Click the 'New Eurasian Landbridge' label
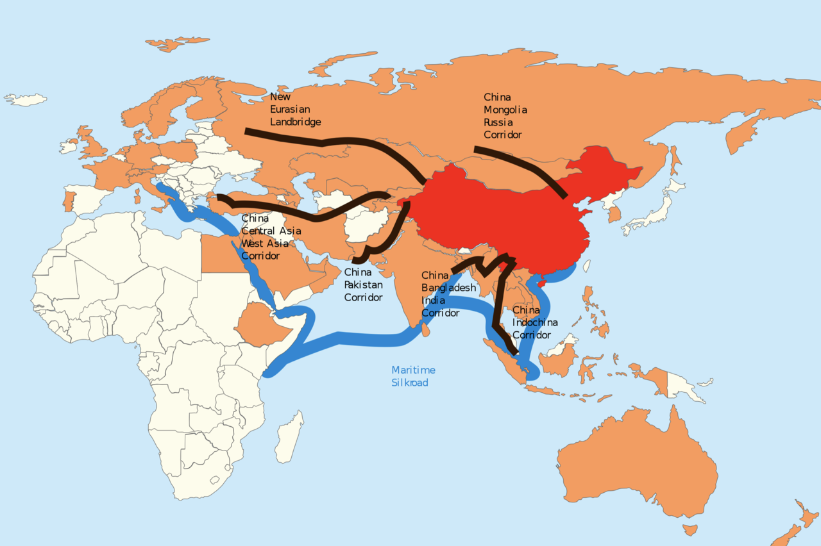[295, 109]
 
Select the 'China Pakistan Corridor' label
[364, 285]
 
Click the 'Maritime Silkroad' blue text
[413, 376]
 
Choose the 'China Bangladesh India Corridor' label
[448, 294]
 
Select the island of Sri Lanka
[425, 330]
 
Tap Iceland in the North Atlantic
[26, 100]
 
